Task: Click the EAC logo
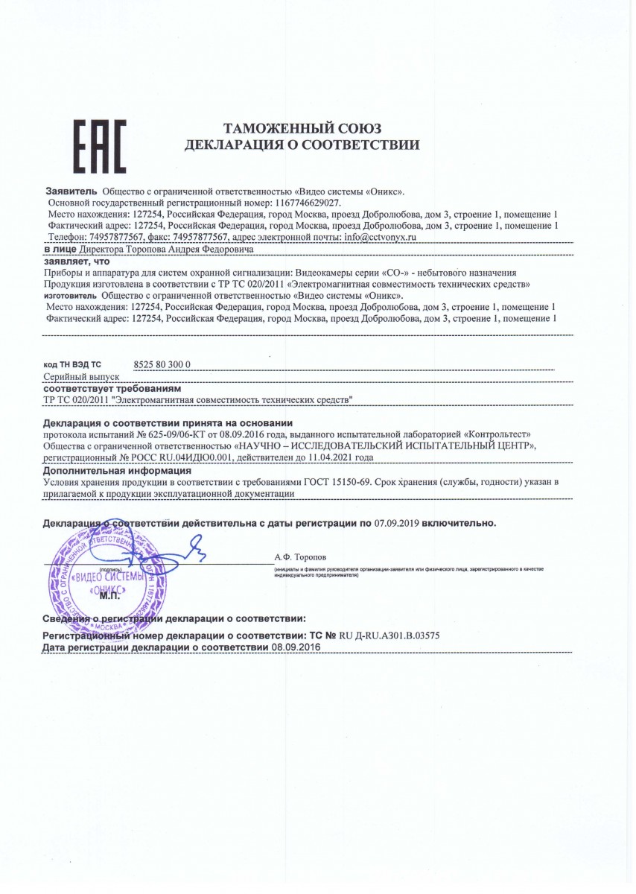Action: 100,146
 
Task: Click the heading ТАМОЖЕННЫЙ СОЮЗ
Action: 302,128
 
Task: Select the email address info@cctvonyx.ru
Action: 380,236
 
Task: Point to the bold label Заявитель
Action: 71,191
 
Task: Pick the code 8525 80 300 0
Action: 163,364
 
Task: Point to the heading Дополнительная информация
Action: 117,471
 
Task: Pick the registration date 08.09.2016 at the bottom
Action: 296,648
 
